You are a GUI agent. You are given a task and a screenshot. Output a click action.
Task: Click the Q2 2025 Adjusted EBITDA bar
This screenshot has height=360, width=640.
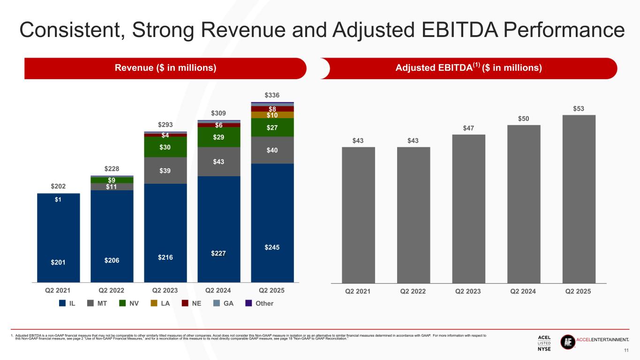pyautogui.click(x=579, y=199)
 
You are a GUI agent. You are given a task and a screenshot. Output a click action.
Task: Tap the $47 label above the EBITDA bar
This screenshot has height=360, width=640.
pyautogui.click(x=468, y=127)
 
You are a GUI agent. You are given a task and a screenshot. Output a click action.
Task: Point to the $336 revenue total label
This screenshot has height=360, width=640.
pyautogui.click(x=272, y=95)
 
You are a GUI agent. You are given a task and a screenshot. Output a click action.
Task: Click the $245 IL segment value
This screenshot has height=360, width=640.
pyautogui.click(x=272, y=247)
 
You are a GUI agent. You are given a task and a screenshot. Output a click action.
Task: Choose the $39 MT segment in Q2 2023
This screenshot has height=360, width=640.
pyautogui.click(x=165, y=171)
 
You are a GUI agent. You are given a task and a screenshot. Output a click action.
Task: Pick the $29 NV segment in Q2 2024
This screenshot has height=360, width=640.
pyautogui.click(x=218, y=137)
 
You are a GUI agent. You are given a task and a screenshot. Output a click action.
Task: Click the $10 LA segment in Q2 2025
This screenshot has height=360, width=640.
pyautogui.click(x=272, y=115)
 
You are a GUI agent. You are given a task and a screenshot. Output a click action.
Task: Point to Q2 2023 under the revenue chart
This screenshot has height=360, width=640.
pyautogui.click(x=165, y=290)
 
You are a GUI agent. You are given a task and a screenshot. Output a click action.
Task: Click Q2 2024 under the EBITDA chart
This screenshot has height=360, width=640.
pyautogui.click(x=523, y=291)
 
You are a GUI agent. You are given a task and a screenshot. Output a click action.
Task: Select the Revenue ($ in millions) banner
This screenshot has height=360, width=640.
pyautogui.click(x=166, y=68)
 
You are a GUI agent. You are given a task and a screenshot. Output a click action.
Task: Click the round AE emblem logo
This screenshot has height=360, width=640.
pyautogui.click(x=567, y=342)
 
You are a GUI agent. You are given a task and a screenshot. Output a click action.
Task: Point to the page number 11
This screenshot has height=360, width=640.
pyautogui.click(x=625, y=350)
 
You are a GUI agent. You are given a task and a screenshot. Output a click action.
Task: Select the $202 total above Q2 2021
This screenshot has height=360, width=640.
pyautogui.click(x=58, y=187)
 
